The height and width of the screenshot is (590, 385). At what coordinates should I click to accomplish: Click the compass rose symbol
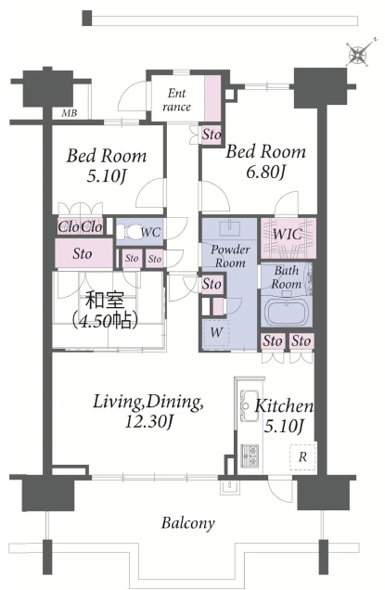(x=358, y=54)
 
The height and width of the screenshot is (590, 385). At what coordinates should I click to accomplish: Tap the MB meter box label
(x=70, y=112)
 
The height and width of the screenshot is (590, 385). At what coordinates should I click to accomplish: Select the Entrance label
(x=176, y=100)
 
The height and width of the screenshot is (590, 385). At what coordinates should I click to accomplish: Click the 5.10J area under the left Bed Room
(x=106, y=175)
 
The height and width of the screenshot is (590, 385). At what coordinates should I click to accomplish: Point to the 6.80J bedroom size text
(x=265, y=172)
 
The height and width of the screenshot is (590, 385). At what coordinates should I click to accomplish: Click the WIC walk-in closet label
(x=288, y=234)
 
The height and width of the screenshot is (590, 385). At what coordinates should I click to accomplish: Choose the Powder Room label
(x=230, y=256)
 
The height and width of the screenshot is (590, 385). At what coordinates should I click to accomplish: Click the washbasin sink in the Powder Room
(x=230, y=227)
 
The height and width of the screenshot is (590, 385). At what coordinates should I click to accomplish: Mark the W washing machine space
(x=216, y=333)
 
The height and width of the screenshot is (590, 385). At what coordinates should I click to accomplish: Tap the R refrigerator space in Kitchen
(x=302, y=456)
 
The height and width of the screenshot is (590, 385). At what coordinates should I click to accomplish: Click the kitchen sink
(x=249, y=405)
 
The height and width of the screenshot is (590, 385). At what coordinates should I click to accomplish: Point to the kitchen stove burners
(x=250, y=455)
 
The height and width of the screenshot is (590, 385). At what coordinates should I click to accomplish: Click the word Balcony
(x=188, y=523)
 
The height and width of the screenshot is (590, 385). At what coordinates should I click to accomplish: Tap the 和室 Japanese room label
(x=105, y=300)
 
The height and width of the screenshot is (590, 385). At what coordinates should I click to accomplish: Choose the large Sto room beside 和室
(x=83, y=253)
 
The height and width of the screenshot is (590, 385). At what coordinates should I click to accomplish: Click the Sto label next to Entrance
(x=212, y=134)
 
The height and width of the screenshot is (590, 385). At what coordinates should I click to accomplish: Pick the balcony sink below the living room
(x=229, y=487)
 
